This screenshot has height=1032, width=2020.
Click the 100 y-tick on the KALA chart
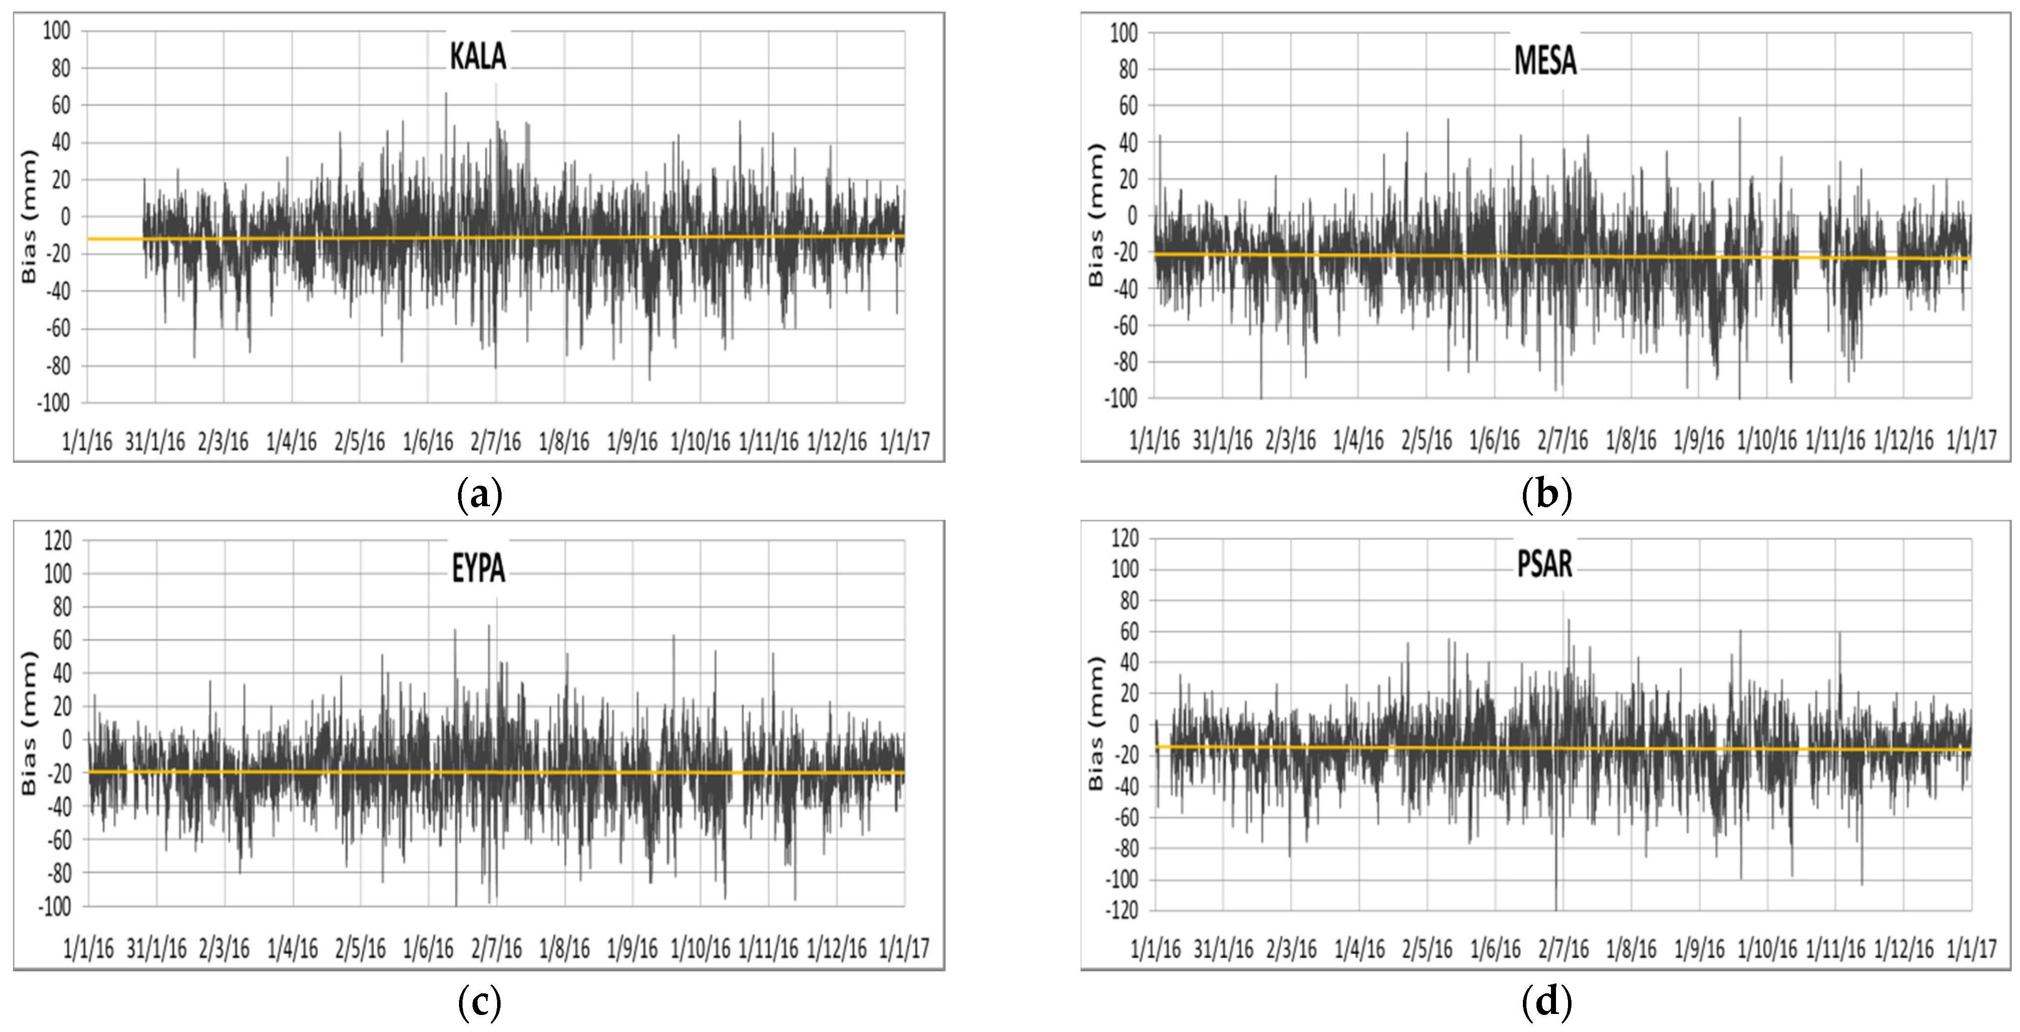tap(56, 32)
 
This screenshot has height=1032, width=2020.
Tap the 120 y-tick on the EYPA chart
tap(56, 540)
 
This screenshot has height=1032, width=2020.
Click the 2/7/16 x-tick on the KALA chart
tap(496, 442)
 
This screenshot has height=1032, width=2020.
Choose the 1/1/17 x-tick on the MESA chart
tap(1970, 441)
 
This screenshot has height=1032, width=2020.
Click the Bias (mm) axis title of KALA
tap(29, 217)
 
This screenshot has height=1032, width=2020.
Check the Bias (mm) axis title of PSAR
tap(1096, 723)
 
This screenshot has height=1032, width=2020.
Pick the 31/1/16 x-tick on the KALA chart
tap(155, 442)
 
